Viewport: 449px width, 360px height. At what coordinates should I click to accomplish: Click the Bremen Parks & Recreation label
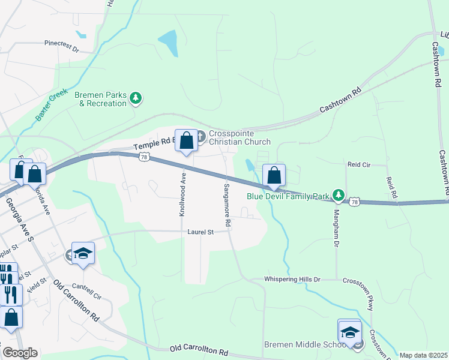point(100,99)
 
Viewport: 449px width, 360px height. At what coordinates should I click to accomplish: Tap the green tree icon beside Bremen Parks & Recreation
point(137,97)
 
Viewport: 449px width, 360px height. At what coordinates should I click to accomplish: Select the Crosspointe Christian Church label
point(240,137)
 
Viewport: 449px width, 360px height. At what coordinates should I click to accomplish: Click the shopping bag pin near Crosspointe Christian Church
point(186,141)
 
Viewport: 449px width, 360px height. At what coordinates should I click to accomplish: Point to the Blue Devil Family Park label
point(289,196)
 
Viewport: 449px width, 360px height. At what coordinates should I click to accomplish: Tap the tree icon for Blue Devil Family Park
point(339,195)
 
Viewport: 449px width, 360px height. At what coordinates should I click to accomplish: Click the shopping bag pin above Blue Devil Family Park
point(274,175)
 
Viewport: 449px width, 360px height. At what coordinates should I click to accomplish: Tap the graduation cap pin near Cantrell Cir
point(83,254)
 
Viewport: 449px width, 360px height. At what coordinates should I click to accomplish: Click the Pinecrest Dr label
point(62,44)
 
